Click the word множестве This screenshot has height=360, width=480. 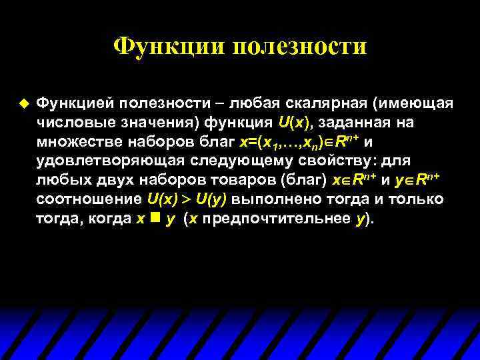(78, 142)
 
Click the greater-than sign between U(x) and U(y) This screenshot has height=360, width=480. (185, 199)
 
